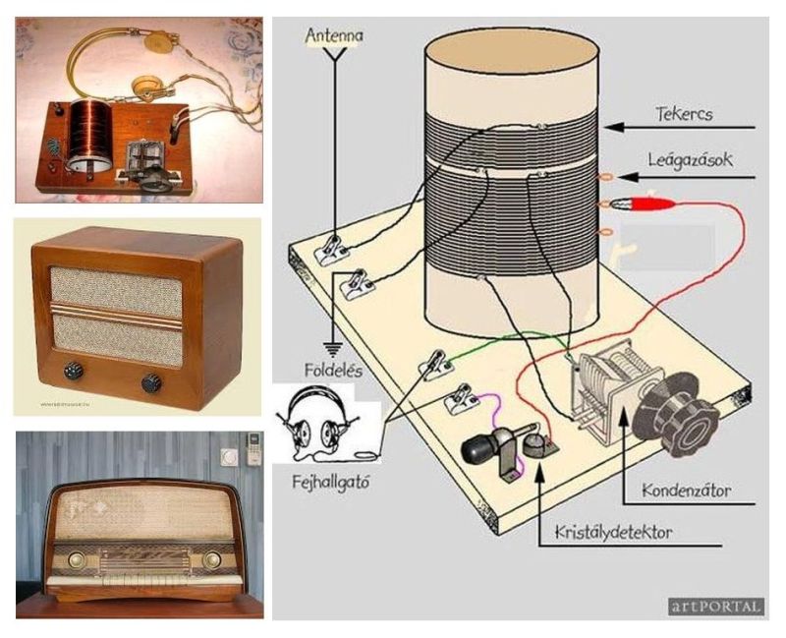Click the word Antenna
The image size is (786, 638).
[x=334, y=36]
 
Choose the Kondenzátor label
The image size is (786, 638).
[x=685, y=488]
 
